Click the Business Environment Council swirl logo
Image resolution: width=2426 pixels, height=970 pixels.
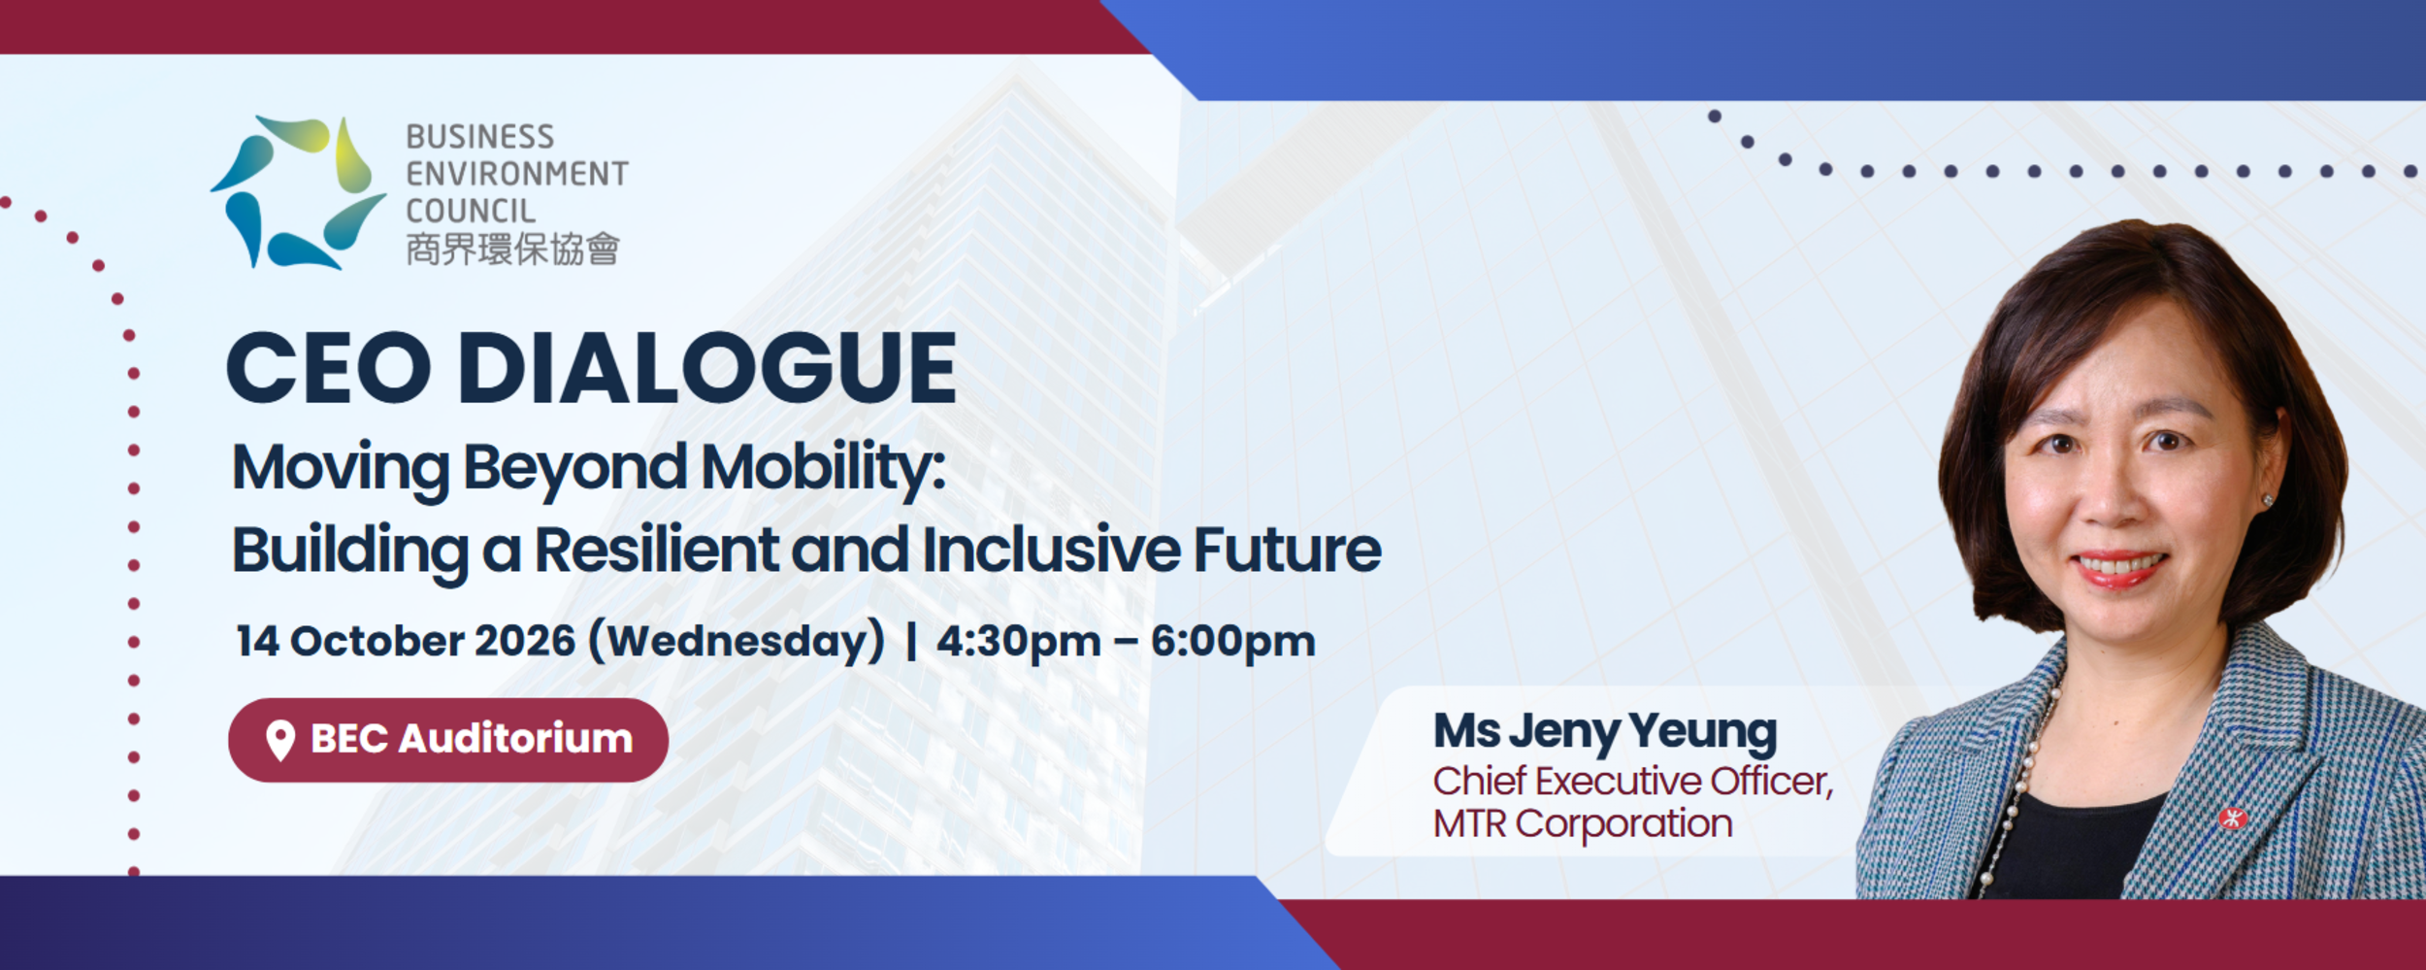point(298,192)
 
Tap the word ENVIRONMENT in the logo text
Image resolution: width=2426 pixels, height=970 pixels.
point(517,174)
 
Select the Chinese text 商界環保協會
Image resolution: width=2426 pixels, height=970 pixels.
point(512,250)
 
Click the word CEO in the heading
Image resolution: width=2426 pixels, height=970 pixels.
point(328,367)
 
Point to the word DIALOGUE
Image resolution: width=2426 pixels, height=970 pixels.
point(707,367)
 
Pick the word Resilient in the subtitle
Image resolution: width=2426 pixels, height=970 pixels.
point(657,550)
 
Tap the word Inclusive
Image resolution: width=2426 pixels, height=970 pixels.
point(1050,550)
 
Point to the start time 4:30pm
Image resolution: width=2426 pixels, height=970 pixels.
point(1019,642)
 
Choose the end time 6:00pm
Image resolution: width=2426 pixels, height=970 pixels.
point(1233,642)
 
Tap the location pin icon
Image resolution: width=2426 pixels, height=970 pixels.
point(280,741)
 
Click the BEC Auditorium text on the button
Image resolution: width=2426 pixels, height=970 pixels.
point(472,739)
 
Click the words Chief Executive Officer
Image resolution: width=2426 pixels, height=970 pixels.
point(1633,781)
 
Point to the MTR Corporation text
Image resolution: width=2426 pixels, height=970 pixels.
point(1583,823)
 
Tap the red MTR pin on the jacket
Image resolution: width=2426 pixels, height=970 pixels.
point(2233,819)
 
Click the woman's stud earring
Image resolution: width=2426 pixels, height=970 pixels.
point(2268,500)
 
